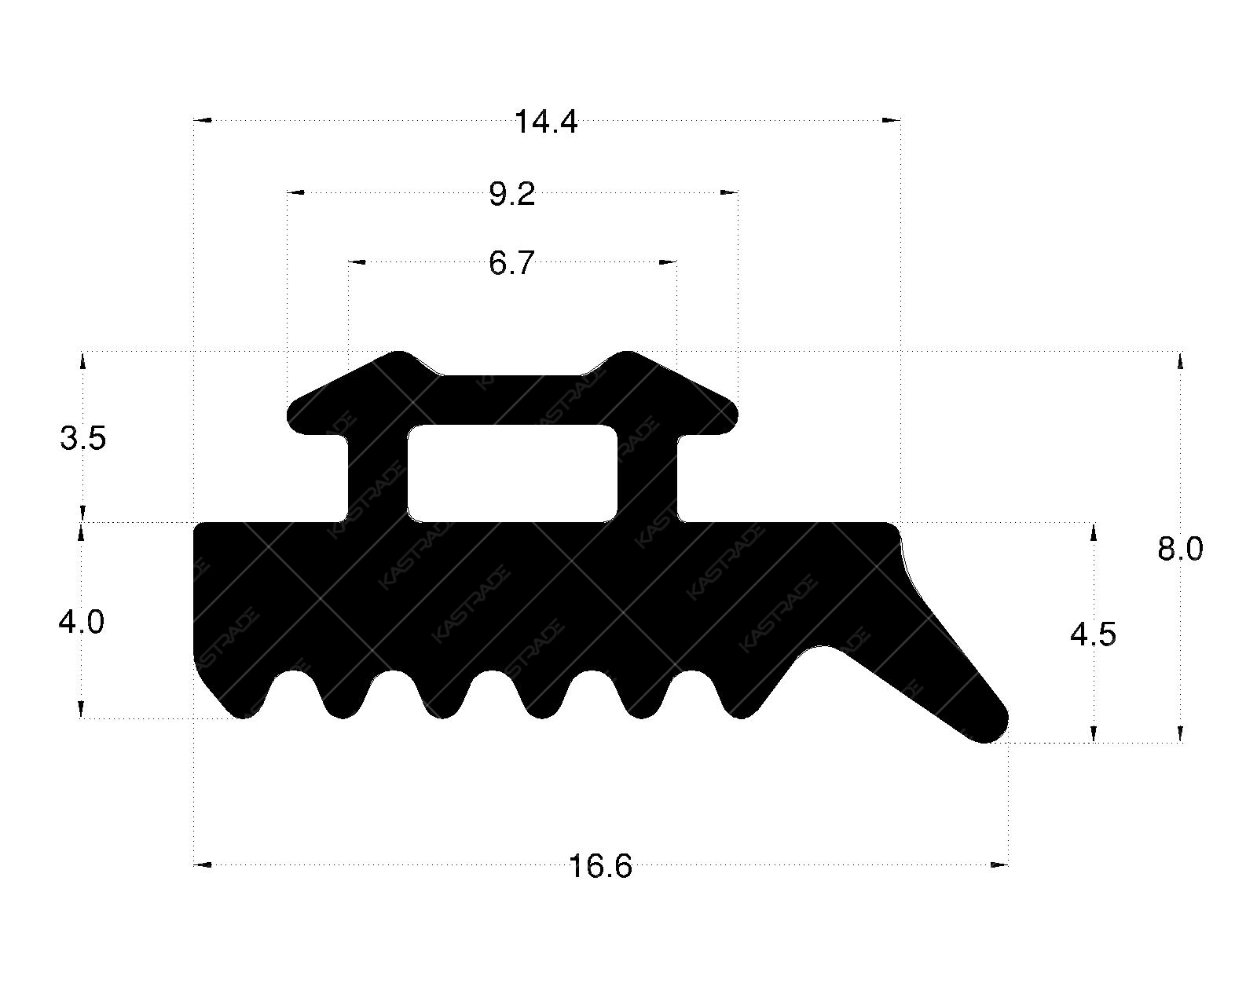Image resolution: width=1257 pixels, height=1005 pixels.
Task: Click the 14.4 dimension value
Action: (x=545, y=122)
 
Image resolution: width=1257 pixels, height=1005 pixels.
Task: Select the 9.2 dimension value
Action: (x=511, y=194)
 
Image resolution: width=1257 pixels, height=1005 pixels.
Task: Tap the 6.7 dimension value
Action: (x=511, y=263)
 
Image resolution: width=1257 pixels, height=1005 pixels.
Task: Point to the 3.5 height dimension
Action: (x=82, y=437)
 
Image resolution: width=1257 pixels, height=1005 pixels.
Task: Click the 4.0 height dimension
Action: (x=81, y=622)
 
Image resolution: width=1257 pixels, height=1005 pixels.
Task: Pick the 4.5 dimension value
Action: (x=1093, y=634)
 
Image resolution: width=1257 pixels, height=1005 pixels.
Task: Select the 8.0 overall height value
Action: (x=1179, y=549)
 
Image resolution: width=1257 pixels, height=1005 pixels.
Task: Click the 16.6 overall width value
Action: (x=599, y=867)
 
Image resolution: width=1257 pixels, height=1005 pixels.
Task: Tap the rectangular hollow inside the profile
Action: (x=511, y=473)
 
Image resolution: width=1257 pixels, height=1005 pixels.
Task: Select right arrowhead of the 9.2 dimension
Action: (x=730, y=192)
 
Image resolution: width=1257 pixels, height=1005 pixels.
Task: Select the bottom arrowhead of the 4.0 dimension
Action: (x=81, y=710)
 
